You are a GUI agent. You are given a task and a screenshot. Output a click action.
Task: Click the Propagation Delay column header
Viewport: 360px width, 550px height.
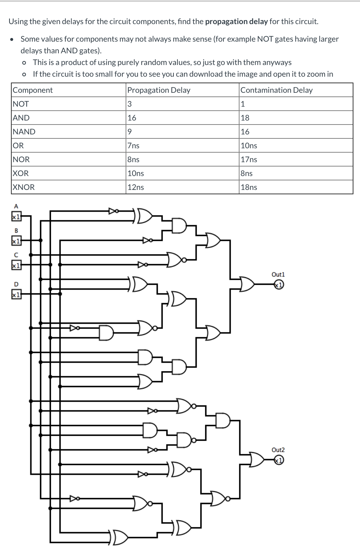[159, 90]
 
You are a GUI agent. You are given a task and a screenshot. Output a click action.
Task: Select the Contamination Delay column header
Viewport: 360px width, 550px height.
[276, 90]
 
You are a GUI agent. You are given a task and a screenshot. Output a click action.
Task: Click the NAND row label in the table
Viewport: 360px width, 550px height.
[24, 132]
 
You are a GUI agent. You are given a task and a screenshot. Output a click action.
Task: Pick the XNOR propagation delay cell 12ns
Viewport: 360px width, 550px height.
[135, 187]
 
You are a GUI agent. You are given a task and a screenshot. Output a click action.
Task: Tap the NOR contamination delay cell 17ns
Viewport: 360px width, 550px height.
[249, 160]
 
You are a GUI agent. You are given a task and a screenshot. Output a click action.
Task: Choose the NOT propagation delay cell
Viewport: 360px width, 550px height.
[130, 104]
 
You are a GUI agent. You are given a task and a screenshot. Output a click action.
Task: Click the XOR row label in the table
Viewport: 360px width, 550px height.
[21, 173]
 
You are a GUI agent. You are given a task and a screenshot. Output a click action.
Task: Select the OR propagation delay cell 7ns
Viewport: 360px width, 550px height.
[133, 146]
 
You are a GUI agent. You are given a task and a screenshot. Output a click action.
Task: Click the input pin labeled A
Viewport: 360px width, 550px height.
[16, 217]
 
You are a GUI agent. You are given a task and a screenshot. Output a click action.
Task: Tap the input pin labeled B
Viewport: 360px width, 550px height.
[16, 241]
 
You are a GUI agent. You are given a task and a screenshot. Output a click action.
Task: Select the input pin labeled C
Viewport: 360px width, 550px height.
[16, 265]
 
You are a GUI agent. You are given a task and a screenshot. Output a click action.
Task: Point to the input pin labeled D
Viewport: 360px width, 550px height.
[16, 294]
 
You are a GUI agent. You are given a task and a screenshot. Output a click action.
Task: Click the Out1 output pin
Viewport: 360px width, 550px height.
[279, 284]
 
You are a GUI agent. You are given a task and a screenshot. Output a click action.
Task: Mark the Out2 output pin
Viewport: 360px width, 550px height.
[279, 460]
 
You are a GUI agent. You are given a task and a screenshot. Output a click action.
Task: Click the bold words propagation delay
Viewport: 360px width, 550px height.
[236, 22]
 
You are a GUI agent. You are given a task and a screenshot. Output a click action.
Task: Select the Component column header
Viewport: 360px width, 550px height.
[33, 90]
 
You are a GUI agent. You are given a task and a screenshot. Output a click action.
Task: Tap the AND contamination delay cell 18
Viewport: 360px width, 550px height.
[245, 118]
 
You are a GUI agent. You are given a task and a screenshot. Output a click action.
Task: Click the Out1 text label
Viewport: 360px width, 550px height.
[278, 274]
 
